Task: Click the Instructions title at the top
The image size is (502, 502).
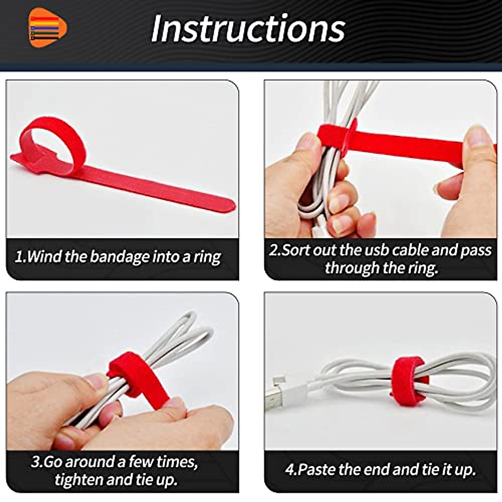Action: [248, 28]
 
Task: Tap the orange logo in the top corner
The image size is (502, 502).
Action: [48, 28]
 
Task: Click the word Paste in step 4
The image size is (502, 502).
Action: [317, 469]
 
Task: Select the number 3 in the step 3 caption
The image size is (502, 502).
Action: [36, 462]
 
